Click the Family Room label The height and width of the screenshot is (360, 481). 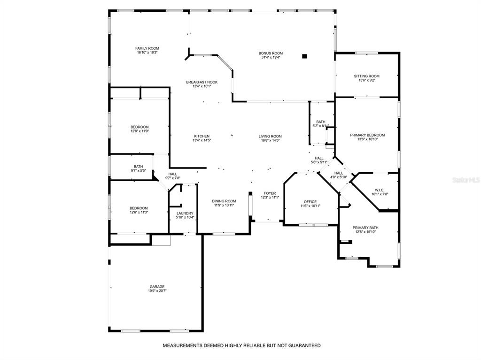click(147, 48)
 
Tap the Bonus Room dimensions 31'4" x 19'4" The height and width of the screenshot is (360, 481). click(270, 57)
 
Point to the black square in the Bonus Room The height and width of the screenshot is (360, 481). click(304, 56)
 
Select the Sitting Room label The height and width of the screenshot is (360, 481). click(366, 76)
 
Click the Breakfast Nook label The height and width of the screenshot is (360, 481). click(202, 82)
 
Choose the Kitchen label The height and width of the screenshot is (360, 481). click(202, 136)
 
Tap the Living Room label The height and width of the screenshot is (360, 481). click(270, 136)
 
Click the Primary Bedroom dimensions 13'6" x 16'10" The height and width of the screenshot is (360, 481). click(367, 139)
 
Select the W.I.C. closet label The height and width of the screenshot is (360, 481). click(380, 190)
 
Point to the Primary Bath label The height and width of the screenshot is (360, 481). click(365, 228)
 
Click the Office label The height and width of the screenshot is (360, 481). click(310, 202)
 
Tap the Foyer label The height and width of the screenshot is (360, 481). click(270, 193)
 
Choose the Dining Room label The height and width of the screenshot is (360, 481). click(224, 201)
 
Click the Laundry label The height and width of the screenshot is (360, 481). click(185, 213)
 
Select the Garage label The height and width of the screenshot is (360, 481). click(157, 287)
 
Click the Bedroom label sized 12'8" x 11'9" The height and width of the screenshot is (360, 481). click(140, 127)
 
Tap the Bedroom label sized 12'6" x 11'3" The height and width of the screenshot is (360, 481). click(139, 208)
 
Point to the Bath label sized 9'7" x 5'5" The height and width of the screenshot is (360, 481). click(139, 167)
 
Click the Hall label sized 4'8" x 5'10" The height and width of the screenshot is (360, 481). click(339, 173)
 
